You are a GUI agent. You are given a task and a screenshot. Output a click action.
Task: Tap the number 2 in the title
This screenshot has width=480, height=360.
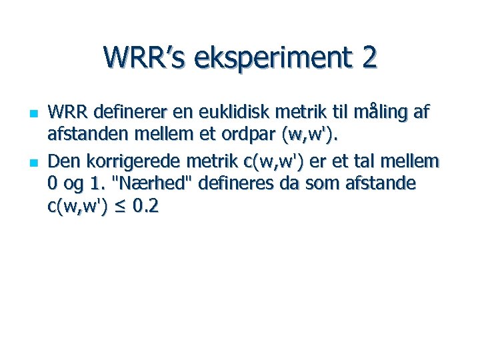tap(369, 57)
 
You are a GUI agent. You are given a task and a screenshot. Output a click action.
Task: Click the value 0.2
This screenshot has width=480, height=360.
tap(145, 207)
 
